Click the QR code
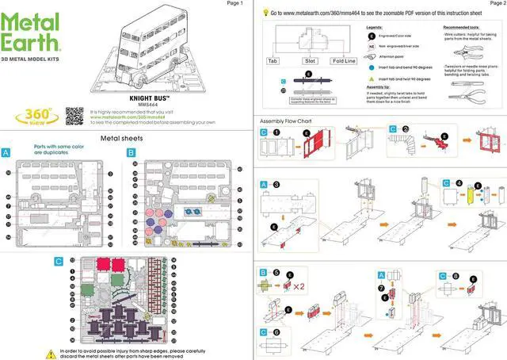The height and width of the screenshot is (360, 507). [x=74, y=114]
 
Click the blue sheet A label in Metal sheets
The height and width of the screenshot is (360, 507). [x=6, y=151]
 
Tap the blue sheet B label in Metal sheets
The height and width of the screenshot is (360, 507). [x=131, y=151]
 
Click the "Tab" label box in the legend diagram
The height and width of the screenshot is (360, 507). [x=273, y=60]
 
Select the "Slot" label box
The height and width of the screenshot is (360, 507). [x=310, y=60]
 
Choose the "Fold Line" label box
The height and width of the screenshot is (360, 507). [x=345, y=60]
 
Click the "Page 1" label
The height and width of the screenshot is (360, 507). [x=234, y=4]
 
